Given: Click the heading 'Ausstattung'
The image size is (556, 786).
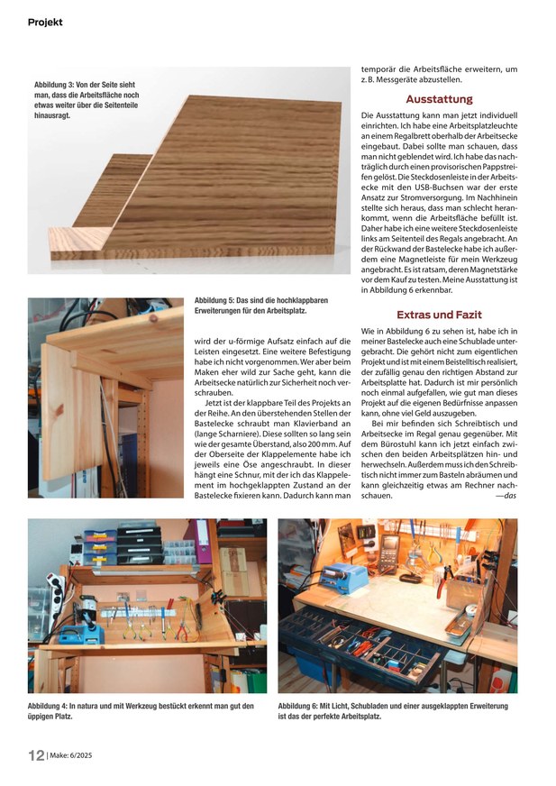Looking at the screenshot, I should [439, 99].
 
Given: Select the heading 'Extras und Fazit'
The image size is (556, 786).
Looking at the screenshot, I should [439, 315].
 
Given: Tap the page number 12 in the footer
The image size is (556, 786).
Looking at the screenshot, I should [36, 755].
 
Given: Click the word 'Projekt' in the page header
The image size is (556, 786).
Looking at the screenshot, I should [45, 22].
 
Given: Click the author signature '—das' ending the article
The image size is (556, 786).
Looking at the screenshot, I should [505, 496].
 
